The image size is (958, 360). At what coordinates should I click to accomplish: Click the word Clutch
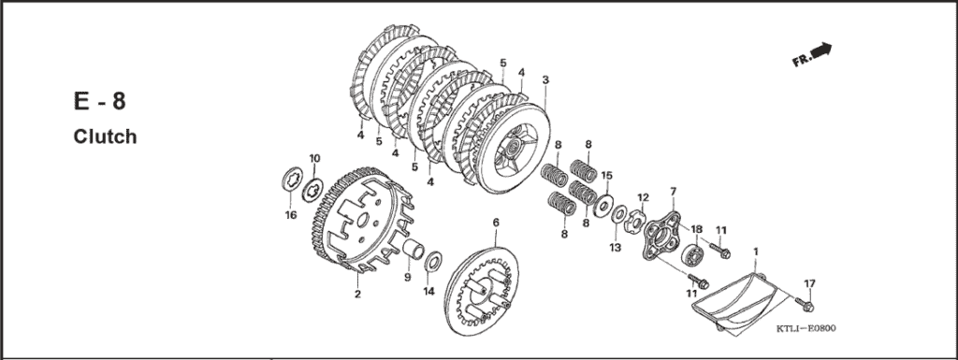pyautogui.click(x=105, y=137)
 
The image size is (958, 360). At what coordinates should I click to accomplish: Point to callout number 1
pyautogui.click(x=756, y=252)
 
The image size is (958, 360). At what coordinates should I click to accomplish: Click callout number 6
pyautogui.click(x=495, y=223)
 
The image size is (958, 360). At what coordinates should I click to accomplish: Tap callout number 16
pyautogui.click(x=290, y=215)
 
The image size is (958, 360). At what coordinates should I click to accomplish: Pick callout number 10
pyautogui.click(x=314, y=158)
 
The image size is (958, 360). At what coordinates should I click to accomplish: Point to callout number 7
pyautogui.click(x=672, y=192)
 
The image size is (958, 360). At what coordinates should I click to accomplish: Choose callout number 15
pyautogui.click(x=606, y=175)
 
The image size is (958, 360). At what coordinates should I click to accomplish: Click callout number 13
pyautogui.click(x=615, y=247)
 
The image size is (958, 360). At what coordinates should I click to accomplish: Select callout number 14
pyautogui.click(x=428, y=292)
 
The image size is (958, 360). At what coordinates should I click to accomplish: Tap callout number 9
pyautogui.click(x=407, y=277)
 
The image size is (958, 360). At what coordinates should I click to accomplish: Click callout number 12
pyautogui.click(x=643, y=197)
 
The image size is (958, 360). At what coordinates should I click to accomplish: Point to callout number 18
pyautogui.click(x=696, y=229)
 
